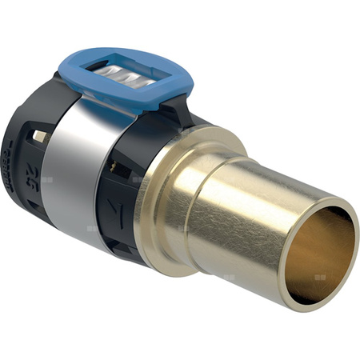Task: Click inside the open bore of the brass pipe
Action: (x=320, y=252)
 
